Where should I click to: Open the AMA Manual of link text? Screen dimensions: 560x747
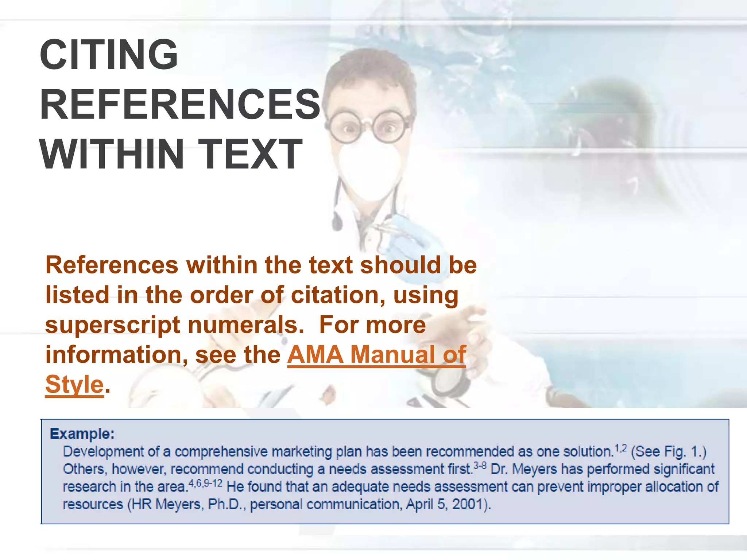pyautogui.click(x=376, y=354)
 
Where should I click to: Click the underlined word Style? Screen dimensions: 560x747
pyautogui.click(x=74, y=385)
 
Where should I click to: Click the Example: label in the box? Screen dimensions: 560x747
pyautogui.click(x=82, y=434)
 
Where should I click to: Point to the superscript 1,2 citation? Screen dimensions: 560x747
pyautogui.click(x=621, y=448)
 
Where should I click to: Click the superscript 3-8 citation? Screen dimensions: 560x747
pyautogui.click(x=480, y=466)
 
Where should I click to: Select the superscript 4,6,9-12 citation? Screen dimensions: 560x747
pyautogui.click(x=205, y=483)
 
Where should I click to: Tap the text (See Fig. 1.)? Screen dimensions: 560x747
pyautogui.click(x=669, y=452)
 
